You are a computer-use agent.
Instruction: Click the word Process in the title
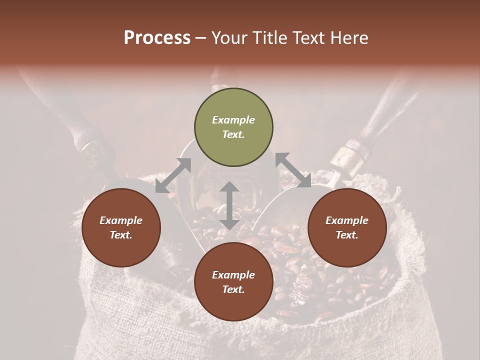pos(157,38)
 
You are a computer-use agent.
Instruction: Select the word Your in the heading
pos(228,38)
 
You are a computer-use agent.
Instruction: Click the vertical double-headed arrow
pos(229,205)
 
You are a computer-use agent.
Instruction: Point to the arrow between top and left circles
pos(173,175)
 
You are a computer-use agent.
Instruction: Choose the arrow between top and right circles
pos(293,170)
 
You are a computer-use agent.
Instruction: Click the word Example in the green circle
pos(233,120)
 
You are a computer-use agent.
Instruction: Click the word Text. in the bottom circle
pos(233,289)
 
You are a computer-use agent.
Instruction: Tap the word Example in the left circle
pos(121,220)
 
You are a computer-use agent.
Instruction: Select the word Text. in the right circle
pos(347,235)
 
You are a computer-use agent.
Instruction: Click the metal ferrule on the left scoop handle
pos(91,150)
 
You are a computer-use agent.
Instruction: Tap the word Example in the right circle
pos(347,220)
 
